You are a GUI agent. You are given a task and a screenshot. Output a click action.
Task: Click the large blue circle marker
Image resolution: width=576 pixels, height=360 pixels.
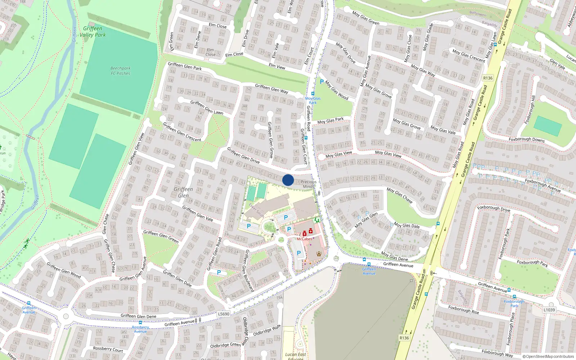tap(288, 180)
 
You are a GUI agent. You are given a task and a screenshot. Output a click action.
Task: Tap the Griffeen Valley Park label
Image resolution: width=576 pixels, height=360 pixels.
tap(93, 32)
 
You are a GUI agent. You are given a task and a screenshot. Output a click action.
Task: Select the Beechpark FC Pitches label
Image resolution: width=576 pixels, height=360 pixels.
tap(121, 71)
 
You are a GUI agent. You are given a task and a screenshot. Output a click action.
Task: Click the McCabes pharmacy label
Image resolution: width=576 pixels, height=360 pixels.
tap(304, 239)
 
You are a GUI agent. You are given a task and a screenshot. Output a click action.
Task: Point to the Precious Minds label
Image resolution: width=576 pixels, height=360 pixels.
tap(309, 184)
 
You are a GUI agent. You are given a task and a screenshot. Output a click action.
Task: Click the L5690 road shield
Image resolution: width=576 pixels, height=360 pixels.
tap(224, 314)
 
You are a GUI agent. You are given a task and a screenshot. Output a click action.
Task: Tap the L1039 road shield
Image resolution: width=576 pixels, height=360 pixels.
tap(549, 310)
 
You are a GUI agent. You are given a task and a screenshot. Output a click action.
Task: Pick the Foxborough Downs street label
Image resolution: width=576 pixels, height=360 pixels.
tap(526, 139)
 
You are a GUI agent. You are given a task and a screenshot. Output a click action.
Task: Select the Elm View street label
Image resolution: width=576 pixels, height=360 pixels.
tap(277, 66)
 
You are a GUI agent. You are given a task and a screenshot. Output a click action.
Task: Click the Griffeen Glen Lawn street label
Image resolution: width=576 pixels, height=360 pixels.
tap(207, 107)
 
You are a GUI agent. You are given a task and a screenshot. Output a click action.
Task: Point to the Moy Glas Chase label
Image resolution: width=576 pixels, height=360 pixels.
tap(399, 195)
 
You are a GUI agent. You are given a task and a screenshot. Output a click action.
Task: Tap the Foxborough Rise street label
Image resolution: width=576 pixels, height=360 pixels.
tap(464, 310)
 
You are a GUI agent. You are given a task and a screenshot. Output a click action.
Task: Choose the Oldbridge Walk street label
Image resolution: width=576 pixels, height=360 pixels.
tap(267, 330)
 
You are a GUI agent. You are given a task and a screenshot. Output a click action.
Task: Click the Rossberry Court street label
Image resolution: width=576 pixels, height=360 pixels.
tap(108, 349)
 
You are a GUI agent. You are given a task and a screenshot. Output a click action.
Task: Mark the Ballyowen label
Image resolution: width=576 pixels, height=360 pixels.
tap(478, 14)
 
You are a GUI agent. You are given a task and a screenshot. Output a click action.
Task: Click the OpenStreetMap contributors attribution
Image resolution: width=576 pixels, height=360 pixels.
tap(548, 356)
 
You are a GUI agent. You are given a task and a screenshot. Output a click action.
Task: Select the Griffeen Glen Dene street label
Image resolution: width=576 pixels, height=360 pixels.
tap(138, 316)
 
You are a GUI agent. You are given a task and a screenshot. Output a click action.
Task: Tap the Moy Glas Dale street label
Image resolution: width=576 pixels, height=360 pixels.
tap(406, 225)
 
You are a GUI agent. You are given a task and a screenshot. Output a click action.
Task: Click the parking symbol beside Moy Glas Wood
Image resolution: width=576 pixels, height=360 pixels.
tap(322, 82)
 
